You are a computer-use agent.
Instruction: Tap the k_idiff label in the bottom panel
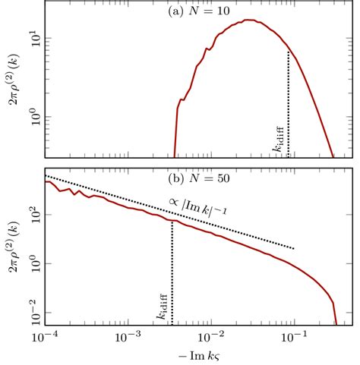click(164, 308)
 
